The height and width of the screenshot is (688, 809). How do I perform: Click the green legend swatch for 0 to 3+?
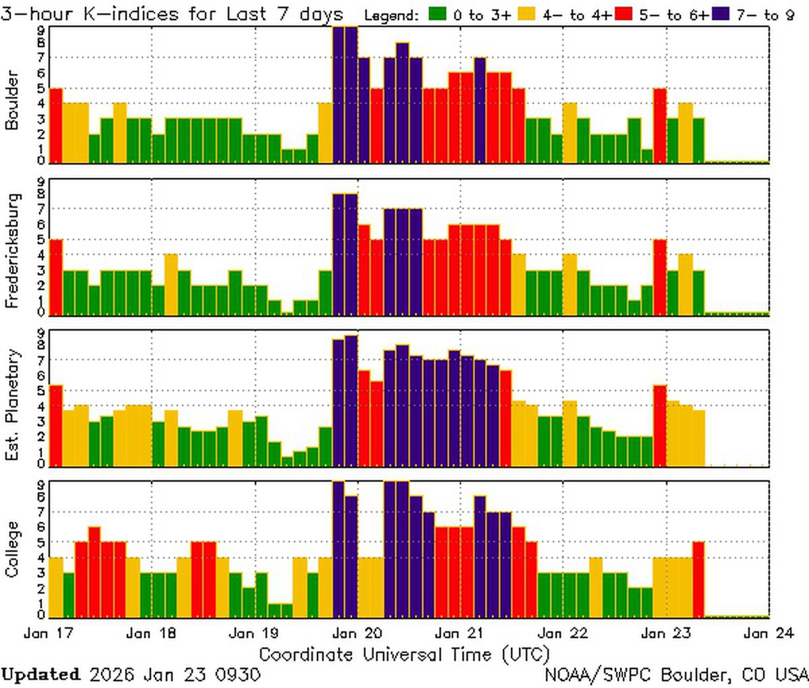click(437, 14)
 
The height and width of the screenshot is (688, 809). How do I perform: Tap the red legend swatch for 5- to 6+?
click(624, 14)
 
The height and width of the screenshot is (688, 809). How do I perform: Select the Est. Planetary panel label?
click(12, 405)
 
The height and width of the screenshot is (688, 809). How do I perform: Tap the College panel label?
click(12, 549)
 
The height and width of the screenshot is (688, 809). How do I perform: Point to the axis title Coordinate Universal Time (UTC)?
click(404, 654)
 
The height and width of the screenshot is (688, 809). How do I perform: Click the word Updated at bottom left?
click(40, 675)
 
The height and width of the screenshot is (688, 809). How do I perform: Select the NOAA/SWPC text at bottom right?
click(599, 675)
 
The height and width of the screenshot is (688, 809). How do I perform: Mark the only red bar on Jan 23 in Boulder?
click(660, 125)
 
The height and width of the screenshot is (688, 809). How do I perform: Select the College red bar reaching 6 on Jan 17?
click(94, 572)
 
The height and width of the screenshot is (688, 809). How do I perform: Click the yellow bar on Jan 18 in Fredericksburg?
click(171, 285)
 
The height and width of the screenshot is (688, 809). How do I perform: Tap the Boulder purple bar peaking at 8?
click(402, 103)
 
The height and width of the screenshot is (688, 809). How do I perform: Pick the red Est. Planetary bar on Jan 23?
click(660, 426)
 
